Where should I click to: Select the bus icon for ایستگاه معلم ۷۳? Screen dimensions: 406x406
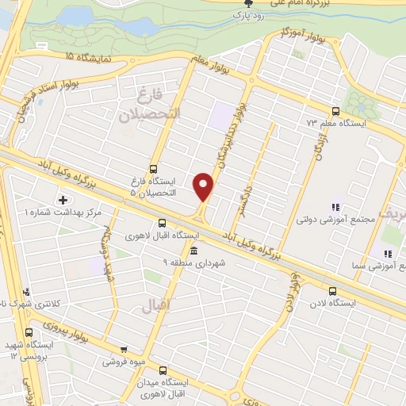click(335, 111)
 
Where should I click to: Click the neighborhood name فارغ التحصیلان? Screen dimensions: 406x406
click(151, 106)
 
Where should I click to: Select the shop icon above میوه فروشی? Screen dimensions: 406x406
click(123, 348)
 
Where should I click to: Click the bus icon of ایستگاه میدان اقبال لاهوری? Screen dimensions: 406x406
click(164, 370)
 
